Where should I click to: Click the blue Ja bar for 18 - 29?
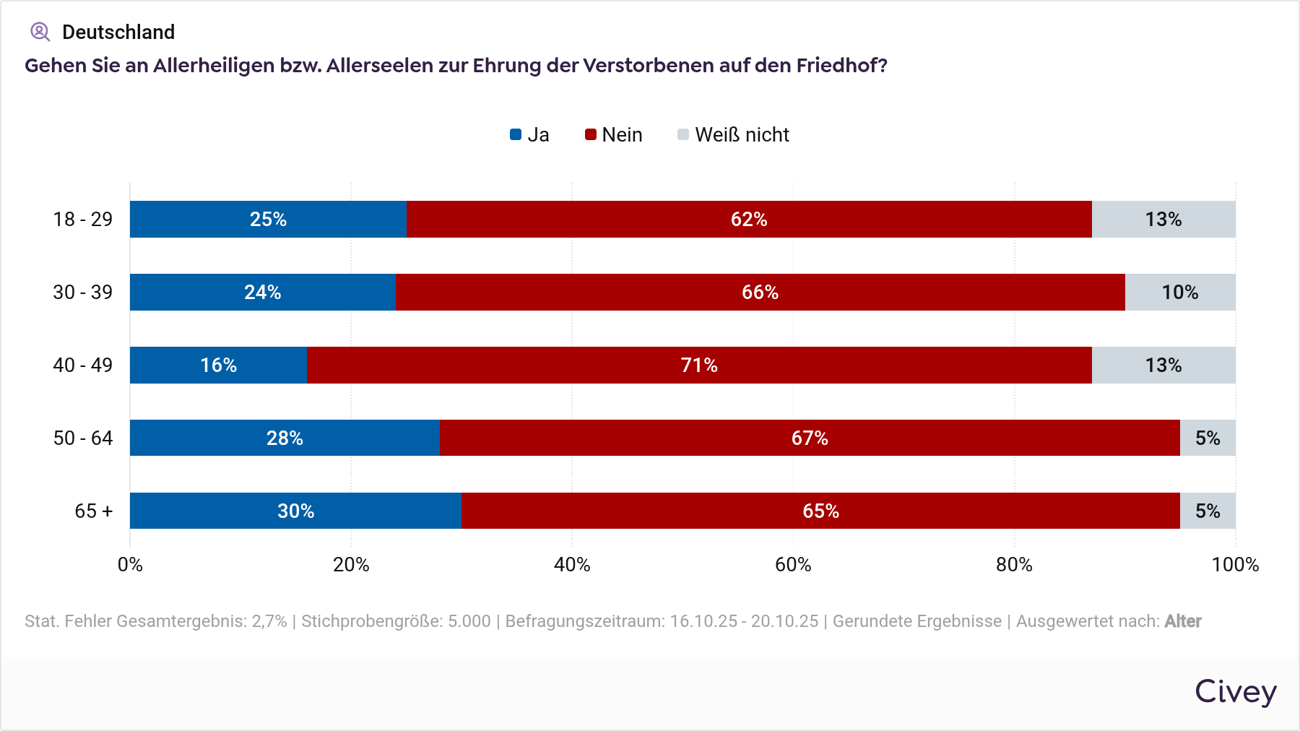(268, 219)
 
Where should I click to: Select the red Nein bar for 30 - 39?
(760, 292)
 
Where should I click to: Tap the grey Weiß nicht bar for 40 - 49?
(1163, 365)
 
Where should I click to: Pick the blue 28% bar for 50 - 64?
(285, 438)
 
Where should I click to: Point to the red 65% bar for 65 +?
(820, 511)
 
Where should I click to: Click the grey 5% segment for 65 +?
(1208, 511)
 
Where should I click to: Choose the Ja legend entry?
(530, 135)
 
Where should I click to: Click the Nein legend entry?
(614, 135)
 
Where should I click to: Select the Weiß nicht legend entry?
(734, 135)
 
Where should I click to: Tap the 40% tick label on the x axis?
(572, 565)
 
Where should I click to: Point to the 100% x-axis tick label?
(1235, 565)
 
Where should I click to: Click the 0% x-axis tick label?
(130, 565)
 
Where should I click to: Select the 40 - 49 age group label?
(83, 365)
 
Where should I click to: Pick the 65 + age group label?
(94, 511)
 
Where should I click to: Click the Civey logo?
(1235, 692)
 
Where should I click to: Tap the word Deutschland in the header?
(118, 32)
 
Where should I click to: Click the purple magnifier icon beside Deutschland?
(40, 32)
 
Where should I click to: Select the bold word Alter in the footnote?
(1182, 621)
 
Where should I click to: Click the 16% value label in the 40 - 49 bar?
(218, 365)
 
